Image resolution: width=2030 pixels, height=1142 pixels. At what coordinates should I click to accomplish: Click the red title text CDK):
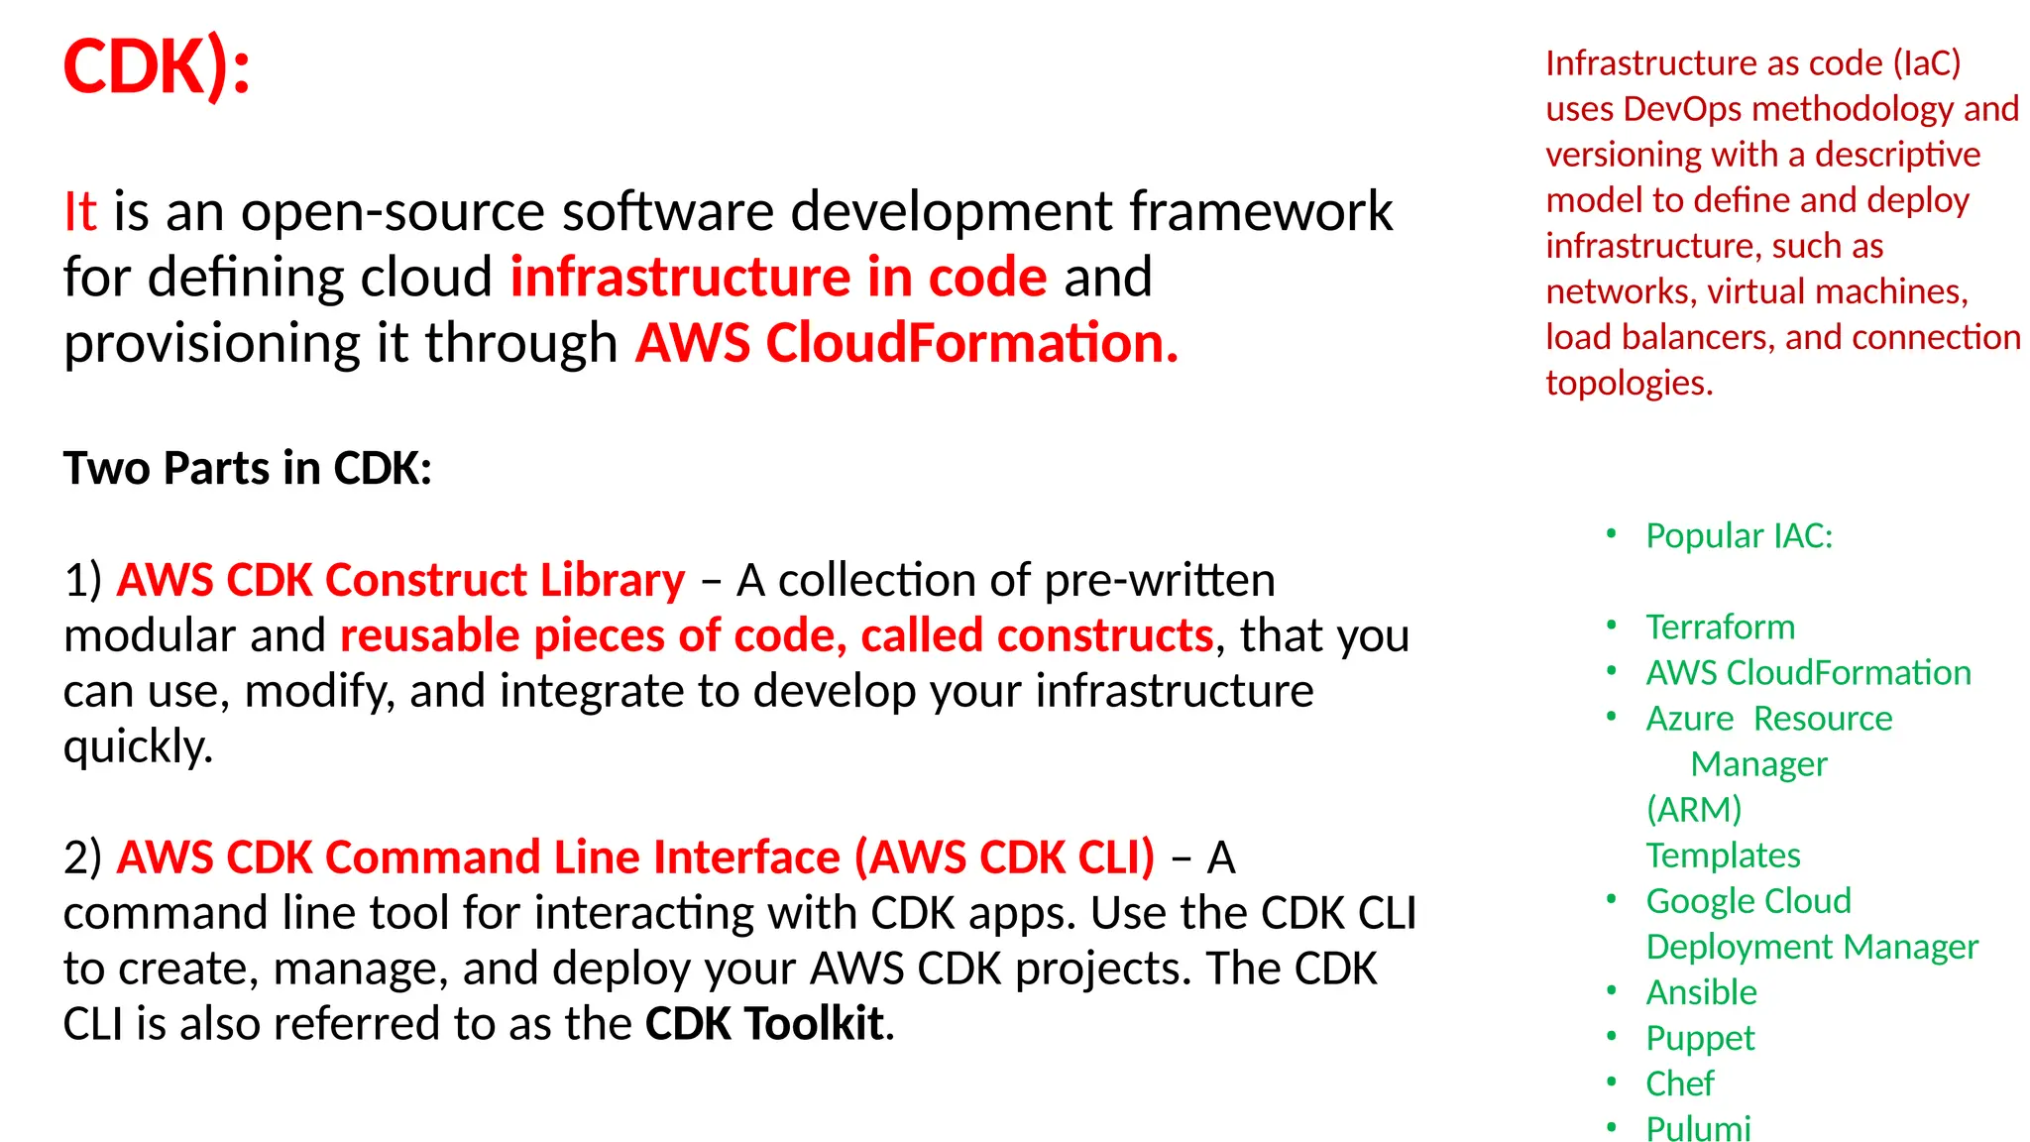[x=157, y=67]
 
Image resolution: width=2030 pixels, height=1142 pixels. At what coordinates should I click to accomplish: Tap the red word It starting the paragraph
[x=80, y=212]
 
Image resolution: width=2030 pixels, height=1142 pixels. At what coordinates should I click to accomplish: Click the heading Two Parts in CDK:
[x=248, y=468]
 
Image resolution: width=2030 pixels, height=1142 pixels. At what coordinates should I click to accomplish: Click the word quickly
[x=138, y=746]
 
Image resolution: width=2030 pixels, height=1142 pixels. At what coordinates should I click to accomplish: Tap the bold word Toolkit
[x=814, y=1024]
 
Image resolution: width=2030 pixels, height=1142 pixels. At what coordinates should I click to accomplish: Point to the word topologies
[x=1629, y=383]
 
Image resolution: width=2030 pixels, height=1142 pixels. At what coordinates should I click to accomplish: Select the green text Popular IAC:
[x=1740, y=536]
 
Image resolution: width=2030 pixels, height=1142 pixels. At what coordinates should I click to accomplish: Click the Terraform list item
[x=1721, y=628]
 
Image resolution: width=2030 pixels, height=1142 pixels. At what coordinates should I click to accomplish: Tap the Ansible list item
[x=1701, y=992]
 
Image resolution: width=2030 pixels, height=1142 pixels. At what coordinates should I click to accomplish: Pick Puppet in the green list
[x=1700, y=1038]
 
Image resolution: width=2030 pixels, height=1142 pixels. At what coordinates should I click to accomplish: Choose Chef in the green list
[x=1679, y=1084]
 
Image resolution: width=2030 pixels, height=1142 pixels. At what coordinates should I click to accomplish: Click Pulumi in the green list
[x=1698, y=1128]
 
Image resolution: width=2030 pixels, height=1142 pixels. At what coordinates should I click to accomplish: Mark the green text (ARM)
[x=1694, y=810]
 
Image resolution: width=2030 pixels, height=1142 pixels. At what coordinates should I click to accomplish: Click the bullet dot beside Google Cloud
[x=1612, y=899]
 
